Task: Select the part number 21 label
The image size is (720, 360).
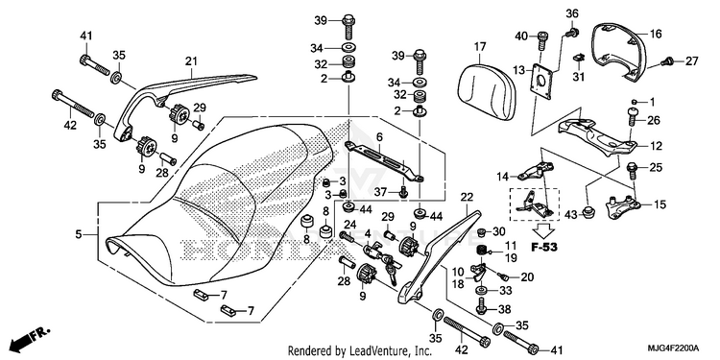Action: pos(191,61)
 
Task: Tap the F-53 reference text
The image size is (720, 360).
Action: pos(544,248)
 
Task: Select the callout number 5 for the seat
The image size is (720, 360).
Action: pos(79,235)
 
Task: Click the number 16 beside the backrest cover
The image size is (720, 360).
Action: pos(656,34)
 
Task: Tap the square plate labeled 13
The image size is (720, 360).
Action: pos(542,82)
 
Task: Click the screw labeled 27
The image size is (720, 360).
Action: pos(667,60)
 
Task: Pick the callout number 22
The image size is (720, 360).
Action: pos(466,198)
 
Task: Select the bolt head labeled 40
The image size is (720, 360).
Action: pos(542,37)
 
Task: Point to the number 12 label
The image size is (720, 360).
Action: pos(657,147)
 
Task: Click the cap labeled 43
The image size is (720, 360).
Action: pos(587,212)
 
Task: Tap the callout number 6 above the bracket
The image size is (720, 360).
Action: pos(379,137)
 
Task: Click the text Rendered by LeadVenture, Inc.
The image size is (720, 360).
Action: pos(360,351)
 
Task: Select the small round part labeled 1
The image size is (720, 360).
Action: pos(635,102)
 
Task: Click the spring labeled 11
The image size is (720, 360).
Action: pos(482,251)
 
